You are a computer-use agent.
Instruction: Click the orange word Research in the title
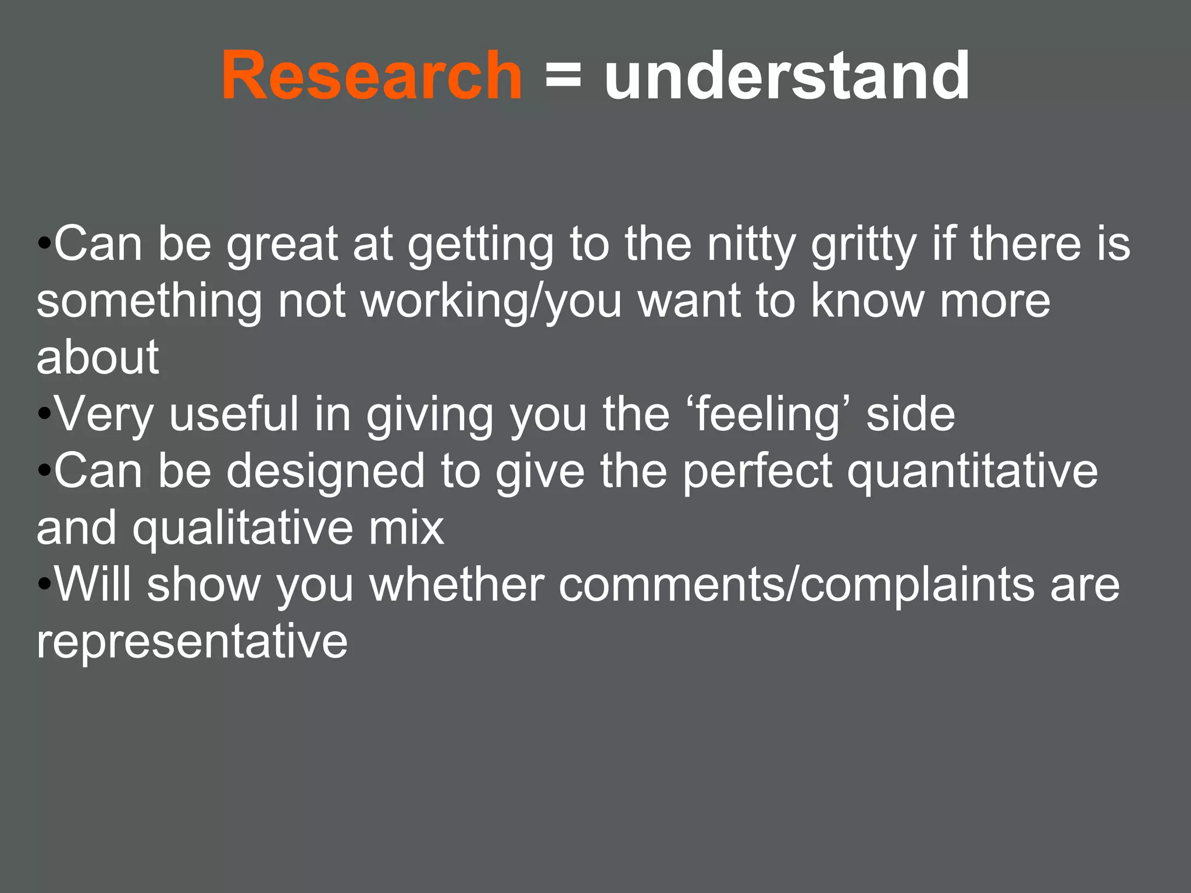pos(372,76)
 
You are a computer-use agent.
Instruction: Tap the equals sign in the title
pos(563,76)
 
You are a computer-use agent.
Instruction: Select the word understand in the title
pos(787,76)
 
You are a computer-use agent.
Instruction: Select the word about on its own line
pos(98,357)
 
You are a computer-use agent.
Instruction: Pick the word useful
pos(234,414)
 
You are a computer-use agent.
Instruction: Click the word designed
pos(326,471)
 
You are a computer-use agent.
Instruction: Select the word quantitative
pos(972,471)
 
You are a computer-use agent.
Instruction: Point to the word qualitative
pos(243,528)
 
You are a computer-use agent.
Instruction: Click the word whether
pos(457,584)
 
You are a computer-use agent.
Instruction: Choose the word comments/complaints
pos(797,585)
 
